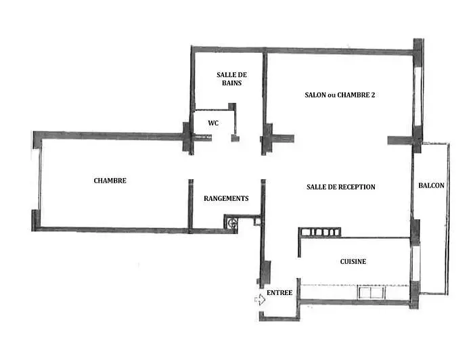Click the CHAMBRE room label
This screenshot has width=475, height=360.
coord(110,181)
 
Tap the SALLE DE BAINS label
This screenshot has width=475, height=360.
coord(231,78)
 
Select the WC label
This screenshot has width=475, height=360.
coord(213,123)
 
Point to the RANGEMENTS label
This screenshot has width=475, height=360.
coord(226,198)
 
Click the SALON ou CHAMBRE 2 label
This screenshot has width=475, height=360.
coord(340,95)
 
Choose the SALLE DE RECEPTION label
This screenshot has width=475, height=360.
coord(341,187)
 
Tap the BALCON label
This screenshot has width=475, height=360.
coord(432,185)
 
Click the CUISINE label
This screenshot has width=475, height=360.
coord(353,261)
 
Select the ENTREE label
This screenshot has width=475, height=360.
coord(279,293)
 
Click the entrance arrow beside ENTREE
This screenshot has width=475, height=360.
coord(260,300)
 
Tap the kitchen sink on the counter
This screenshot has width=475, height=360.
coord(371,292)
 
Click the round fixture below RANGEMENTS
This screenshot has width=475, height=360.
coord(233,223)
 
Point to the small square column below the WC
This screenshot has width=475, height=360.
coord(235,139)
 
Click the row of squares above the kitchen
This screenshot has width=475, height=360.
coord(319,232)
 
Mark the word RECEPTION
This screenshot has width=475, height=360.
coord(355,187)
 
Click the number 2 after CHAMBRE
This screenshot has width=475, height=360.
coord(373,95)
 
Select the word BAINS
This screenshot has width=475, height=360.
coord(231,83)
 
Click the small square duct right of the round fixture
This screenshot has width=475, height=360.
coord(257,222)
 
